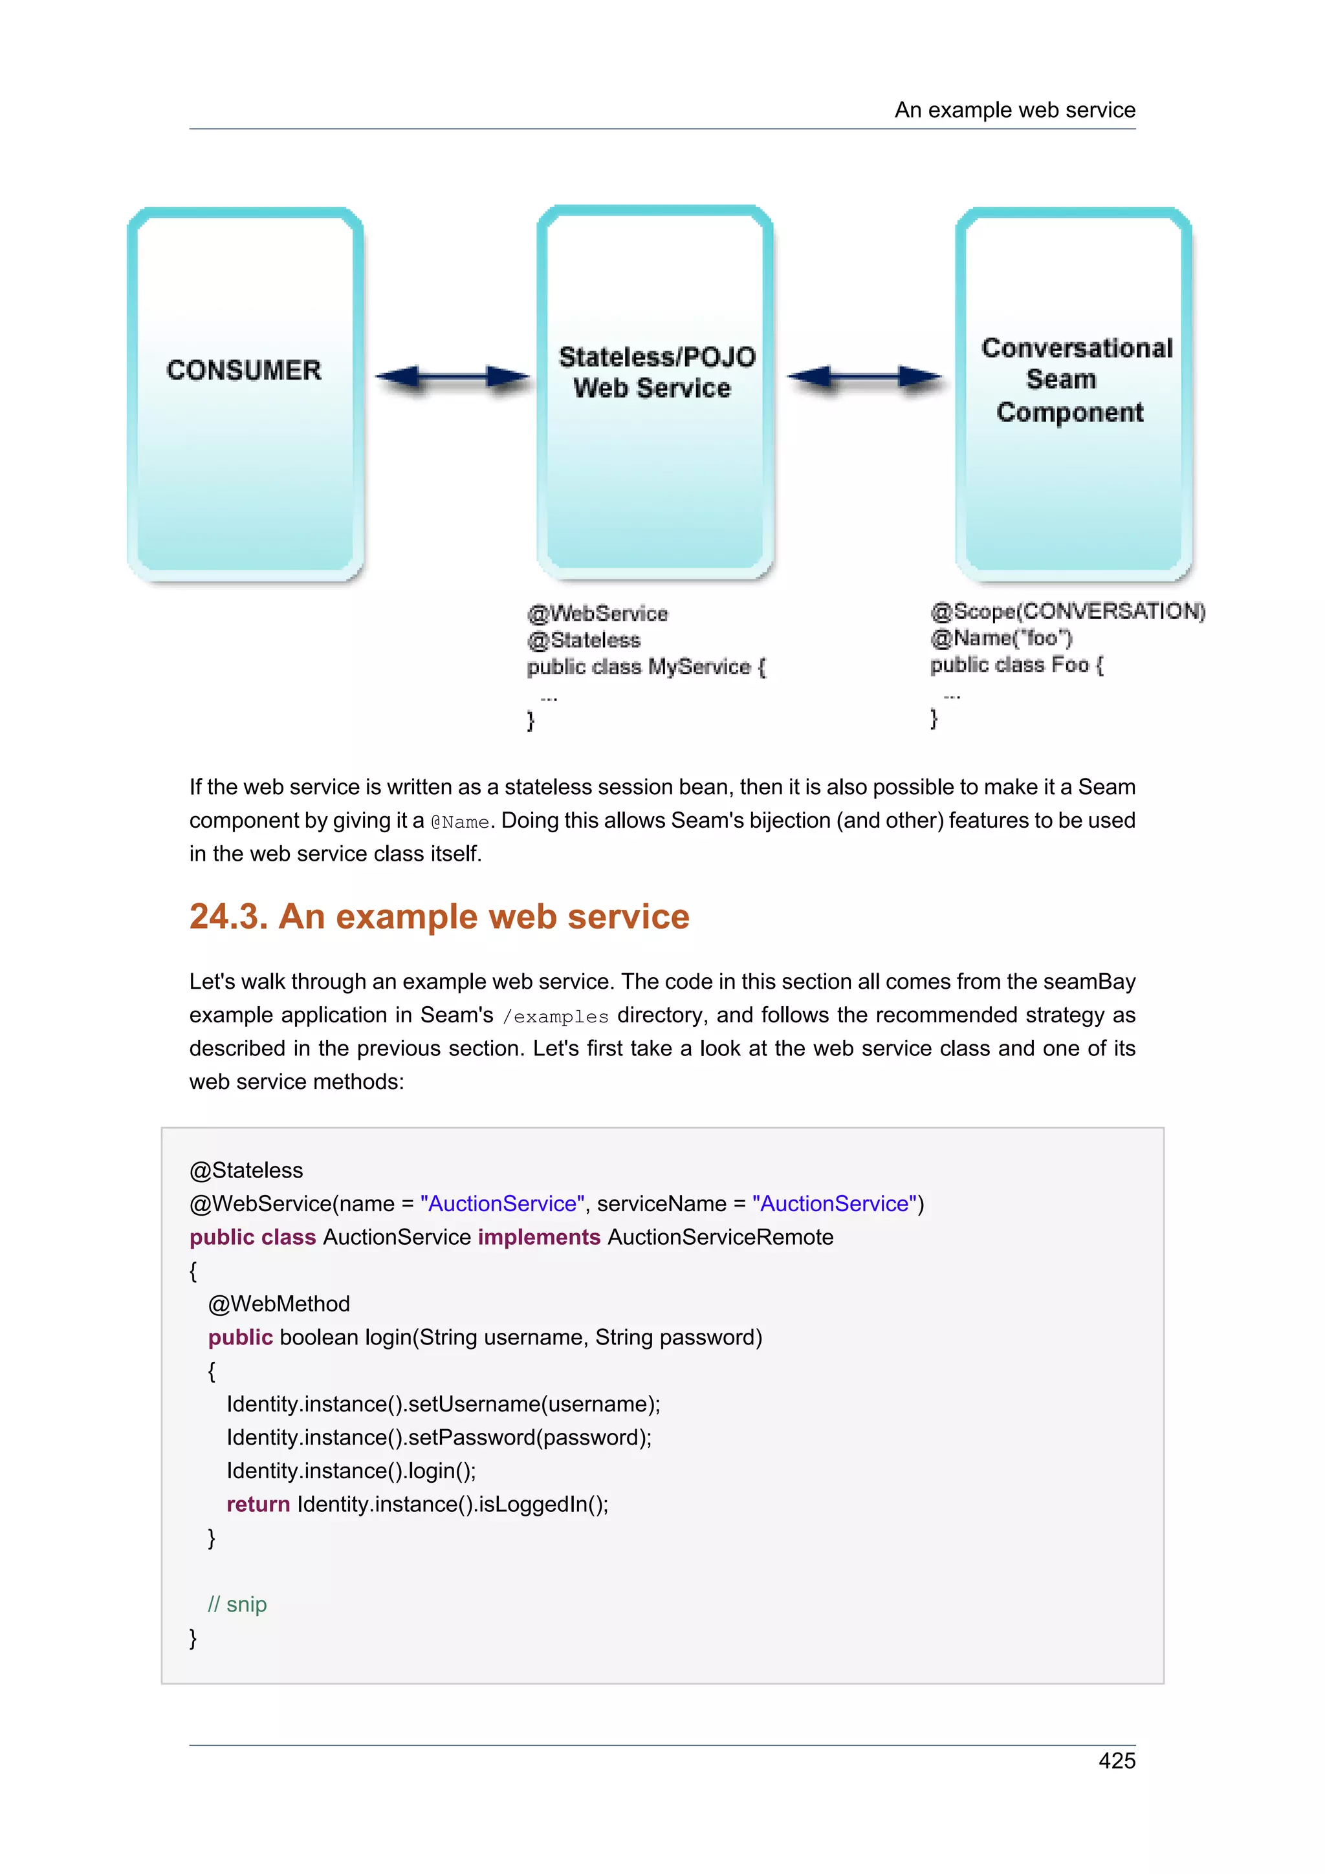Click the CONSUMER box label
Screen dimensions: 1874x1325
pyautogui.click(x=244, y=371)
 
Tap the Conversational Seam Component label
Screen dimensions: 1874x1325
pyautogui.click(x=1075, y=380)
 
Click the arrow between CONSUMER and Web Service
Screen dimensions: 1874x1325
pyautogui.click(x=452, y=377)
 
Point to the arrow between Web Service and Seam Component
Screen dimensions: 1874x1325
pyautogui.click(x=864, y=377)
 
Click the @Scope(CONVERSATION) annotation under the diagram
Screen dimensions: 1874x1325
pyautogui.click(x=1067, y=611)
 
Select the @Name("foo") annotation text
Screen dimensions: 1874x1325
pyautogui.click(x=1001, y=638)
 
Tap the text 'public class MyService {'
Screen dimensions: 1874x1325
pyautogui.click(x=646, y=667)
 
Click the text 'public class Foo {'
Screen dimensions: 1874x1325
pyautogui.click(x=1016, y=665)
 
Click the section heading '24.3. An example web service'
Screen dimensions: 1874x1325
pyautogui.click(x=439, y=916)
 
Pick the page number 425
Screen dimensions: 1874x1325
pyautogui.click(x=1116, y=1761)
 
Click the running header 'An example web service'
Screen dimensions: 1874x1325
pyautogui.click(x=1014, y=110)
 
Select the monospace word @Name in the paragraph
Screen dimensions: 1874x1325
pyautogui.click(x=459, y=822)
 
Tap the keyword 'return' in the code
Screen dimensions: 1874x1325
pyautogui.click(x=258, y=1504)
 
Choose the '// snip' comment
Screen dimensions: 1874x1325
pyautogui.click(x=237, y=1604)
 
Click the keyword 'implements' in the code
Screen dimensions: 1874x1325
pyautogui.click(x=539, y=1237)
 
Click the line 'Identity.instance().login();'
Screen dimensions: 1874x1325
pyautogui.click(x=351, y=1470)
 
